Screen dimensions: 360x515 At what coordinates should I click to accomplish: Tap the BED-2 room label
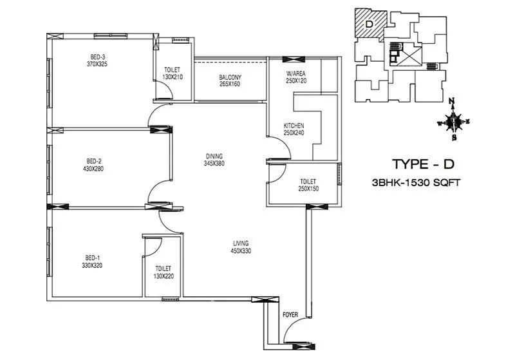93,161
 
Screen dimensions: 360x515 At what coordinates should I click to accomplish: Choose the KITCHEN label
294,126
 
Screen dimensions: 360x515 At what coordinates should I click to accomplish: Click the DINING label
214,156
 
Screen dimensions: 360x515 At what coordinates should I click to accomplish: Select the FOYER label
290,315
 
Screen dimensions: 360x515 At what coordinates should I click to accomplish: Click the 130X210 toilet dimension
172,77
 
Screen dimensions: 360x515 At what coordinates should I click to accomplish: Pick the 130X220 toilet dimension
164,276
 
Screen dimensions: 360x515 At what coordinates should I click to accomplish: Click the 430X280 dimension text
93,169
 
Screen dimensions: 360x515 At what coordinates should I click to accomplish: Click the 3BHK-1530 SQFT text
422,183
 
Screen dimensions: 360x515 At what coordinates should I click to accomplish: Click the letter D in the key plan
368,24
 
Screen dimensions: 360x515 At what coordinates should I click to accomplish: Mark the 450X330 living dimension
241,251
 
